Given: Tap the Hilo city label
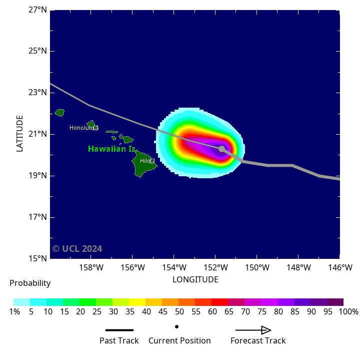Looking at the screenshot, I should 145,161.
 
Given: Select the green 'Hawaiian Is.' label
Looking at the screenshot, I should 111,149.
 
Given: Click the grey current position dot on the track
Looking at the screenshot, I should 222,149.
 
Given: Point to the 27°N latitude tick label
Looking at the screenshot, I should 37,10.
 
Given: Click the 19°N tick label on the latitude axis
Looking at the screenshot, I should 37,176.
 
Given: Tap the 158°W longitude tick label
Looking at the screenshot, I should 91,267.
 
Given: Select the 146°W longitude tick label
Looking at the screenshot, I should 340,267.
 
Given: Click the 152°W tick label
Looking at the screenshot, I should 215,267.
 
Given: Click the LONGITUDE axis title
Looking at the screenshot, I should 195,279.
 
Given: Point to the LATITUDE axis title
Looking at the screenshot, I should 20,133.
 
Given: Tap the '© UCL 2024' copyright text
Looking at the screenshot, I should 77,249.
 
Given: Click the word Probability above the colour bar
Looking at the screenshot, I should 30,283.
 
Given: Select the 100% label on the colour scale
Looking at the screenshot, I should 348,311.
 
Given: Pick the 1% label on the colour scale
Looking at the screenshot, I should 14,311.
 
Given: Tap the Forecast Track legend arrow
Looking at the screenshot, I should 253,330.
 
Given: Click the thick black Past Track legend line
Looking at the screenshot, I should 119,330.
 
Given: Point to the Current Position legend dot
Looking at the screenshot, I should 176,326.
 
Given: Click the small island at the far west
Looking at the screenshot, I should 59,113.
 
